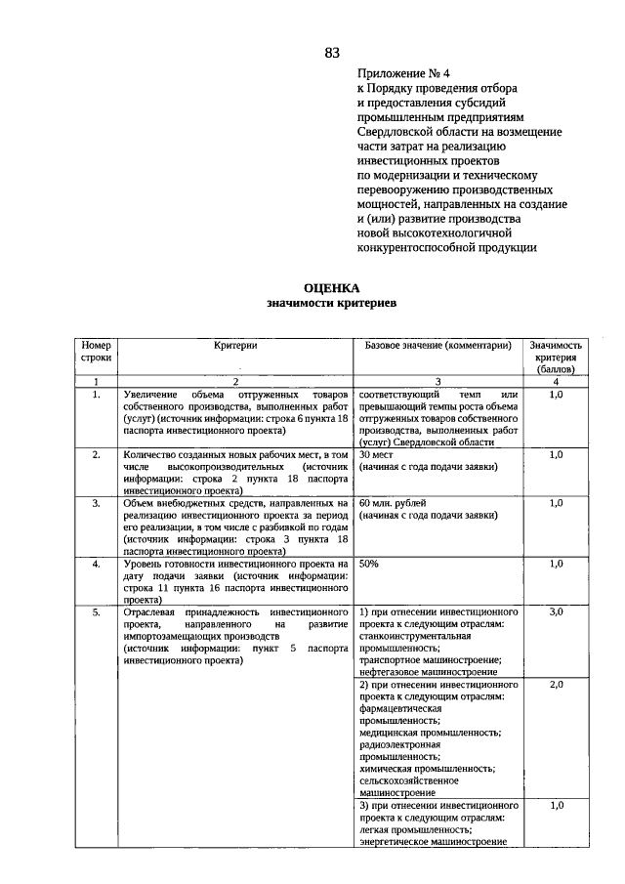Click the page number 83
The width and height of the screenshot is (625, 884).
tap(332, 53)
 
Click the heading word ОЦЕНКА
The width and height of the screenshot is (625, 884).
tap(332, 288)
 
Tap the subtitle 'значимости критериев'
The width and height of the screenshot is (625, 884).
tap(332, 304)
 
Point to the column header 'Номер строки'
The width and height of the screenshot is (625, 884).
tap(97, 352)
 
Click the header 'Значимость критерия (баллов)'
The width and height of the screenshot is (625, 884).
tap(556, 358)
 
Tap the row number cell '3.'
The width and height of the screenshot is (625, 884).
tap(97, 503)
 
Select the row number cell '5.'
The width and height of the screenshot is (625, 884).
tap(97, 611)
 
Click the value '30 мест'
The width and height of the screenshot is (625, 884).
tap(376, 454)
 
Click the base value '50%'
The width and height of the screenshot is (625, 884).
tap(369, 564)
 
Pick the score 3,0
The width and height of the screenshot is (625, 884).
tap(556, 611)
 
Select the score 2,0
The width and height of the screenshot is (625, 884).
tap(556, 685)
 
